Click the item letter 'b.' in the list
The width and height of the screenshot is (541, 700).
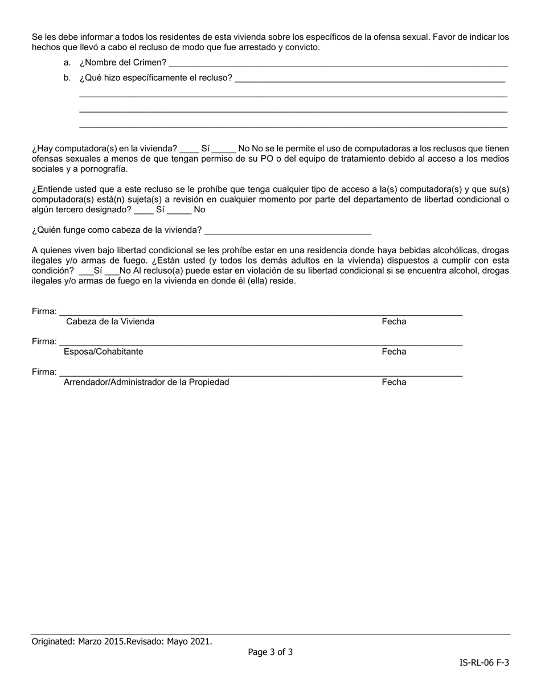click(67, 78)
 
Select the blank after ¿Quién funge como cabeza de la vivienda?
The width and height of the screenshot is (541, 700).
click(288, 230)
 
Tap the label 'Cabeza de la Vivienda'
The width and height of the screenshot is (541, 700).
click(110, 322)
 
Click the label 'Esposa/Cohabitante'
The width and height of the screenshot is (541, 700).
click(103, 352)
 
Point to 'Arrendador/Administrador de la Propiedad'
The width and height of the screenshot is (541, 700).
click(146, 382)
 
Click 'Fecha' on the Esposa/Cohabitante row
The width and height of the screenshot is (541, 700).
click(394, 352)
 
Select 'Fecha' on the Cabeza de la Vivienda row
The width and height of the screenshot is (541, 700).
click(394, 322)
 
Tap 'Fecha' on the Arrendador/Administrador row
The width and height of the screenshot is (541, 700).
click(394, 382)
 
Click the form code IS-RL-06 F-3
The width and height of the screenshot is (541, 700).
click(484, 662)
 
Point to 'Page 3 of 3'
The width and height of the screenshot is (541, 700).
click(270, 652)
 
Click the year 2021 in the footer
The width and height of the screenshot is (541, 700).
click(201, 641)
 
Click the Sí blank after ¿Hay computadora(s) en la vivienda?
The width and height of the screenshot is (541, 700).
click(188, 149)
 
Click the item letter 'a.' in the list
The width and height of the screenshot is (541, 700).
click(67, 63)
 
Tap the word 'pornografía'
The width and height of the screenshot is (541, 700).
click(105, 169)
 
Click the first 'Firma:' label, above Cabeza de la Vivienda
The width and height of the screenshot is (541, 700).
click(44, 311)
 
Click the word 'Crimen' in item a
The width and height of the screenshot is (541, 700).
click(150, 63)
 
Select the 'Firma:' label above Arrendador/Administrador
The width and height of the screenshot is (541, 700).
click(44, 372)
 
